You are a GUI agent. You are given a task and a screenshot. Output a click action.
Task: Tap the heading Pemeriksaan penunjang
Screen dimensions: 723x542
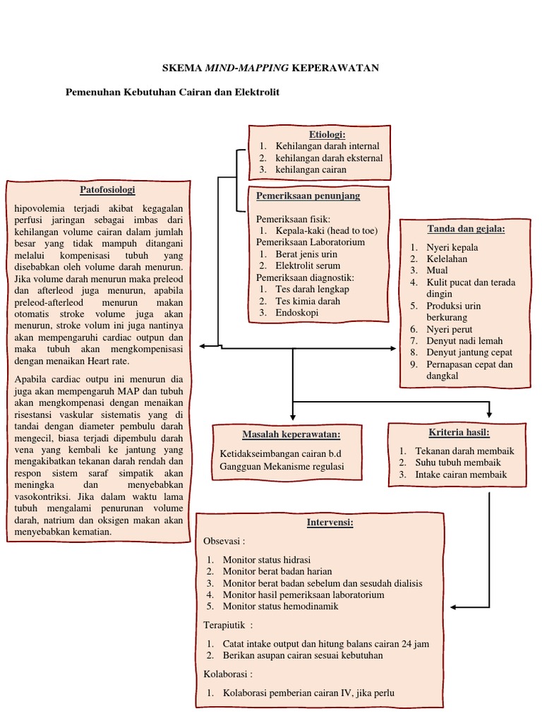(308, 196)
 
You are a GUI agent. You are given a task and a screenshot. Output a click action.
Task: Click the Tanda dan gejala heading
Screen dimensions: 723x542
(466, 229)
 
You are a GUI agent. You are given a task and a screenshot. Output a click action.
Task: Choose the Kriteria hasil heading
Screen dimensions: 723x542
(459, 432)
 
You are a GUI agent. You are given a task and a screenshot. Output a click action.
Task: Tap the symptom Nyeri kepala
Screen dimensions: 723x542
(452, 247)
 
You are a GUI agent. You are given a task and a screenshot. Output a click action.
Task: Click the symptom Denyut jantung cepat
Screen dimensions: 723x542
(469, 352)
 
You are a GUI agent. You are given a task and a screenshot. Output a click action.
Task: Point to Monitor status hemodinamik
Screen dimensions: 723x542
(280, 606)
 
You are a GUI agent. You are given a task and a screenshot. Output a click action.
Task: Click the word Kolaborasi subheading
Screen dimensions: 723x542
(227, 674)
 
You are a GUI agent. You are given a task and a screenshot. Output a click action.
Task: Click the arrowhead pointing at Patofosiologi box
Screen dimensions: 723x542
(203, 347)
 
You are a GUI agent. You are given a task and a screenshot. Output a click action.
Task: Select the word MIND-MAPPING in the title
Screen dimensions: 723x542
(236, 68)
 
